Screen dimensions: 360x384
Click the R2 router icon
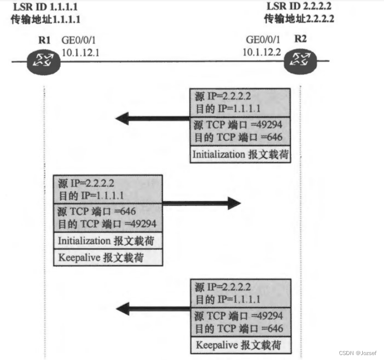pyautogui.click(x=298, y=61)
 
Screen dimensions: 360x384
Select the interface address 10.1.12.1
pyautogui.click(x=81, y=51)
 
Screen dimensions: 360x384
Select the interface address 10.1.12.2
pyautogui.click(x=261, y=51)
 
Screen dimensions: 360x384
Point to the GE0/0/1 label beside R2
pyautogui.click(x=263, y=40)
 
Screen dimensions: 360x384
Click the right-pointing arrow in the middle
pyautogui.click(x=201, y=202)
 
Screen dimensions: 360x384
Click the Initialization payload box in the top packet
pyautogui.click(x=240, y=155)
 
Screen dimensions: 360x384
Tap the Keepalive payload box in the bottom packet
pyautogui.click(x=240, y=345)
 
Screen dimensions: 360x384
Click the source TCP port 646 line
pyautogui.click(x=97, y=212)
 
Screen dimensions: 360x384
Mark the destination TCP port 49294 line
pyautogui.click(x=107, y=224)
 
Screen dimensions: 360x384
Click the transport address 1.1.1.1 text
pyautogui.click(x=45, y=20)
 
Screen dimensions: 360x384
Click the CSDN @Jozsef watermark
pyautogui.click(x=357, y=353)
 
